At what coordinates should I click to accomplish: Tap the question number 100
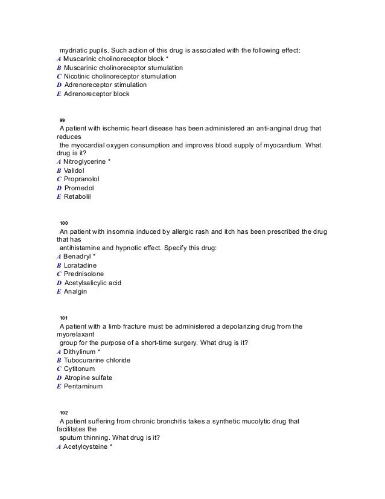click(64, 224)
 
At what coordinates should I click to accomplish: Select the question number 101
click(64, 317)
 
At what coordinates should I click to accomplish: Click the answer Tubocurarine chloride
click(97, 360)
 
